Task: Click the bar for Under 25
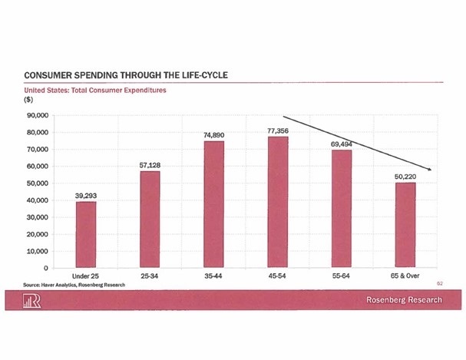tap(86, 234)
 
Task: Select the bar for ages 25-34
tap(150, 220)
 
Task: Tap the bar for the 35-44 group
tap(213, 204)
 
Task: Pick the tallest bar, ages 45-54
tap(277, 202)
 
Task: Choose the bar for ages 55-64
tap(342, 209)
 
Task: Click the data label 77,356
tap(278, 131)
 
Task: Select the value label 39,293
tap(86, 196)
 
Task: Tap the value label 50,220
tap(405, 177)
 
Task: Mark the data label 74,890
tap(213, 136)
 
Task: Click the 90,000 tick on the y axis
tap(38, 116)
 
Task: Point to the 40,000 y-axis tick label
tap(38, 200)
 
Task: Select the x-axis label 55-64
tap(342, 275)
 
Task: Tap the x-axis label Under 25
tap(86, 275)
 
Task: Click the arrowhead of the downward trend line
tap(431, 169)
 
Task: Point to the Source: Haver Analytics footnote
tap(74, 284)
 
